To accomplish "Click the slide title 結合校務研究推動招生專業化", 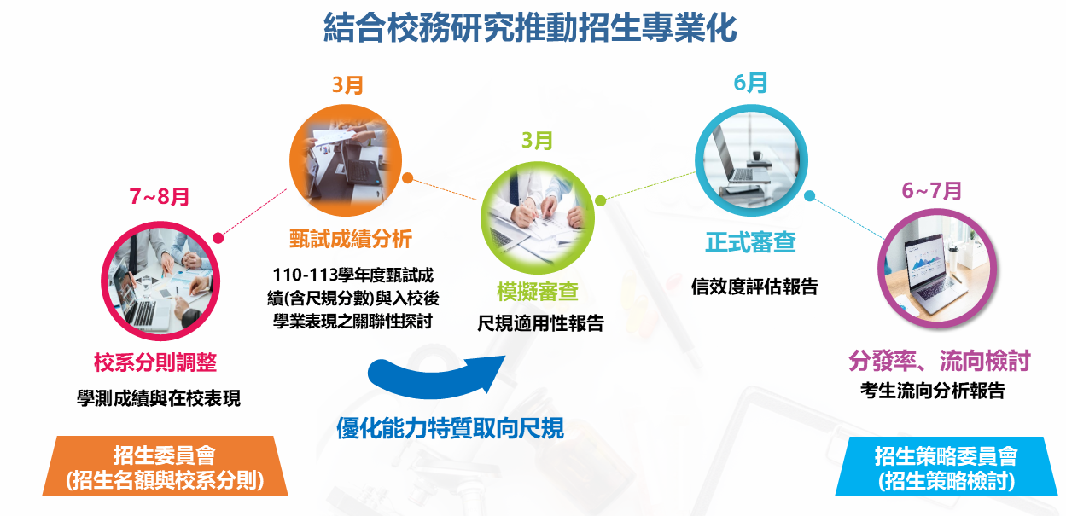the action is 530,28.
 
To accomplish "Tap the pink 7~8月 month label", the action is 160,196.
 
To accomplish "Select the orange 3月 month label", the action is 348,85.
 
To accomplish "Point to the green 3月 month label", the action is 538,141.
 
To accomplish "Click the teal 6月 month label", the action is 750,84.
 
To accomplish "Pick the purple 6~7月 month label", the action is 931,191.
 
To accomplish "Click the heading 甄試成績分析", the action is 351,239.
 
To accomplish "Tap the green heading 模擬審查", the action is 538,292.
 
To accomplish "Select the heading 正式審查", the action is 750,242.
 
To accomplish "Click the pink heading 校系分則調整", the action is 155,362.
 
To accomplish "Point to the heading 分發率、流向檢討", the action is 940,361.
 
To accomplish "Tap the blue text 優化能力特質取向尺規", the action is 450,427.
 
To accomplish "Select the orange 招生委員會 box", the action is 165,467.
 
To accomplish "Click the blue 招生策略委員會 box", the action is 946,467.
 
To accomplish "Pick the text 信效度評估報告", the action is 754,287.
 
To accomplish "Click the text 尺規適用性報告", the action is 540,324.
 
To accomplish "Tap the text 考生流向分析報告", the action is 933,391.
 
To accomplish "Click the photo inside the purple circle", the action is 937,269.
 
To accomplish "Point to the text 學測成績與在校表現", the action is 159,398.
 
